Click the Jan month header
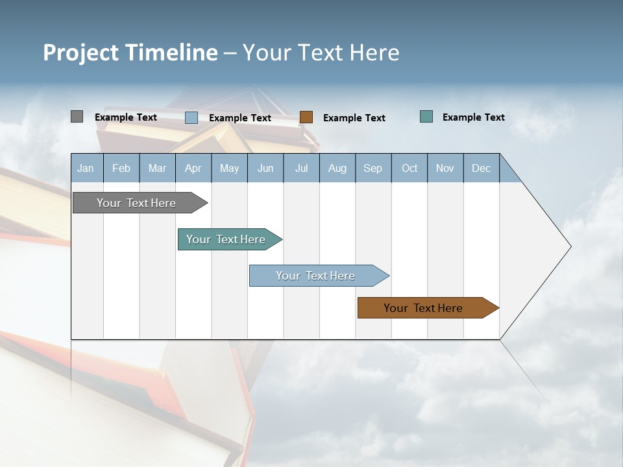pyautogui.click(x=86, y=168)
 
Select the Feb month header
pyautogui.click(x=121, y=168)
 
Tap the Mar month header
pyautogui.click(x=157, y=168)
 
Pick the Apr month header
pyautogui.click(x=193, y=168)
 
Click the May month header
pyautogui.click(x=229, y=168)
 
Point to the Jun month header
pyautogui.click(x=265, y=168)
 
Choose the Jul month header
pyautogui.click(x=301, y=168)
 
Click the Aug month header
pyautogui.click(x=337, y=168)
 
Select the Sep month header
pyautogui.click(x=373, y=168)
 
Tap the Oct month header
pyautogui.click(x=409, y=168)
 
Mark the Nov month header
pyautogui.click(x=445, y=168)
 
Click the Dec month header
pyautogui.click(x=482, y=168)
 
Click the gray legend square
pyautogui.click(x=77, y=117)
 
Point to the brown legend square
pyautogui.click(x=306, y=117)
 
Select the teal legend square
pyautogui.click(x=426, y=117)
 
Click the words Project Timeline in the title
pyautogui.click(x=130, y=53)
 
